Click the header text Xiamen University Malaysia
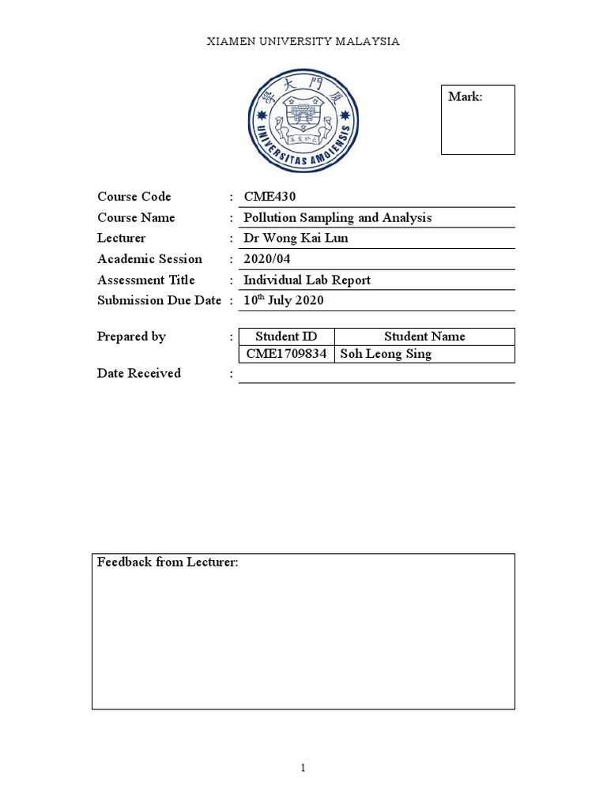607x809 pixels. click(303, 41)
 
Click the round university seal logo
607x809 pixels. click(303, 120)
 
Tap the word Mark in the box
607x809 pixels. click(465, 96)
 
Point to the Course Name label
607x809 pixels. click(136, 217)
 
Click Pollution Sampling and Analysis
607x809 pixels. click(337, 217)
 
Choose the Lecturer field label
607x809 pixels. click(122, 238)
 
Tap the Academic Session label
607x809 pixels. click(149, 258)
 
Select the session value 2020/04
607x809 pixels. click(268, 258)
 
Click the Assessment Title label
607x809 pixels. click(146, 280)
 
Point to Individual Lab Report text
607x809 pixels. click(307, 280)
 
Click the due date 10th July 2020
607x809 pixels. click(283, 300)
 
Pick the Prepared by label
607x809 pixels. click(131, 337)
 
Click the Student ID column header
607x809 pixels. click(286, 337)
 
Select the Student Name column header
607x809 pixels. click(424, 337)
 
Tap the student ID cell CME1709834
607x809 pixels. click(286, 354)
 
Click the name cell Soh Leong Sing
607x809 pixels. click(386, 354)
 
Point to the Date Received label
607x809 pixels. click(139, 373)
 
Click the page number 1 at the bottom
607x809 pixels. click(303, 769)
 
